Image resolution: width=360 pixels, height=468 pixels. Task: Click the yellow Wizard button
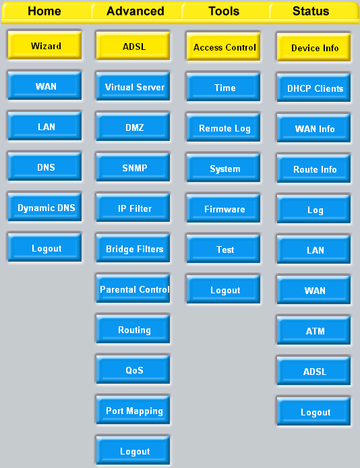click(44, 45)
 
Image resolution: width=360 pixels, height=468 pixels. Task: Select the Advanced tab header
click(136, 11)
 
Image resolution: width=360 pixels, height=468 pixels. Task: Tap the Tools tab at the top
click(224, 11)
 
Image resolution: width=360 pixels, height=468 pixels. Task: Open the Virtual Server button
click(133, 86)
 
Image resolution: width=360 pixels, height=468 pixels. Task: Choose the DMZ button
click(133, 127)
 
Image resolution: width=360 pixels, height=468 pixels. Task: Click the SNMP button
click(133, 167)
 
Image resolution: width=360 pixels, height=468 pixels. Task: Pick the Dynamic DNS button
click(44, 208)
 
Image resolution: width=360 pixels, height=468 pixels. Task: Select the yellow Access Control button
click(223, 47)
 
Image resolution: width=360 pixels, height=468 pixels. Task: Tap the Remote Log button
click(223, 127)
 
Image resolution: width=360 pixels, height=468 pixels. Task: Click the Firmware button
click(223, 208)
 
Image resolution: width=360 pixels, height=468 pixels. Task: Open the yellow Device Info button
click(313, 47)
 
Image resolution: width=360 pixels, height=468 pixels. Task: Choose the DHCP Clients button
click(313, 88)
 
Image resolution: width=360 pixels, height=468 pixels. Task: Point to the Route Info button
click(313, 169)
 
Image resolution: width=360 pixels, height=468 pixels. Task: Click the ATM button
click(313, 330)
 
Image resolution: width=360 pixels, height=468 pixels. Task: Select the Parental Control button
click(133, 289)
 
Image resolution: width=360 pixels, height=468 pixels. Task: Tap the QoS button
click(133, 370)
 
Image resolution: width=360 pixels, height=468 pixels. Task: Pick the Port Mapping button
click(133, 410)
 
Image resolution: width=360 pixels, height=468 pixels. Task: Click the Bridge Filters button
click(133, 248)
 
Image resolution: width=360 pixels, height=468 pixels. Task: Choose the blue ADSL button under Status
click(313, 371)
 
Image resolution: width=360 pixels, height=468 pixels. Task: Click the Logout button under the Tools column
click(223, 289)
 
